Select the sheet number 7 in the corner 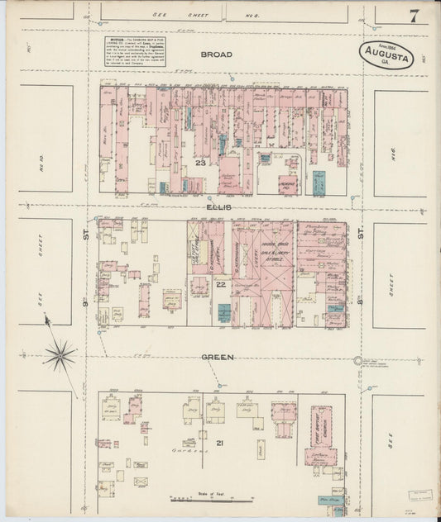pyautogui.click(x=412, y=16)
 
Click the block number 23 pyautogui.click(x=200, y=163)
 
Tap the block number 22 pyautogui.click(x=221, y=285)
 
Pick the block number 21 pyautogui.click(x=220, y=444)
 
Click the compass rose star pyautogui.click(x=60, y=355)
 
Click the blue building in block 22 pyautogui.click(x=224, y=312)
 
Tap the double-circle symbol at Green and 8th pyautogui.click(x=358, y=360)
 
